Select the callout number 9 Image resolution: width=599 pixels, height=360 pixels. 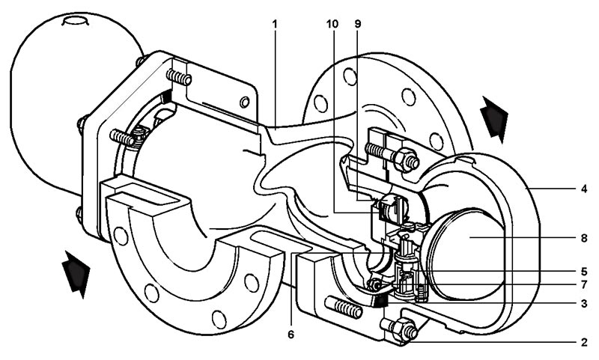click(357, 24)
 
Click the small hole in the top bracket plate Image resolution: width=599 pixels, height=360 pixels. click(243, 103)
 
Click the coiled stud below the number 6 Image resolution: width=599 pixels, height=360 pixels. click(346, 308)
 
